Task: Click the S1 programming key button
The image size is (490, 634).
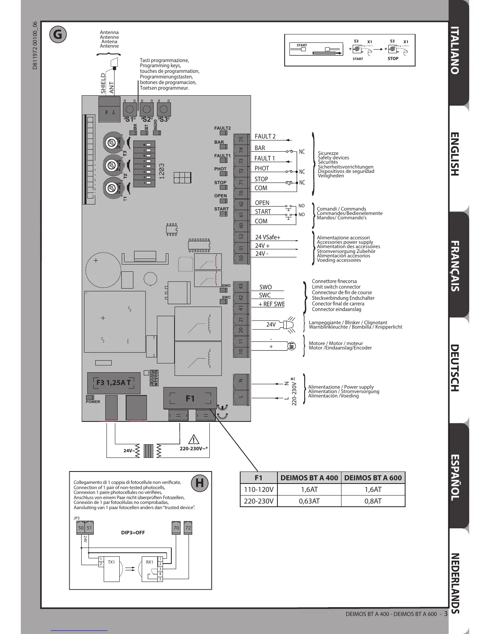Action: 130,108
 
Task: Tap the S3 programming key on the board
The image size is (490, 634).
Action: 163,108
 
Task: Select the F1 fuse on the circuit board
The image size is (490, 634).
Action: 190,398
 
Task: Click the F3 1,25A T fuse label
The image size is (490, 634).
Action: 113,382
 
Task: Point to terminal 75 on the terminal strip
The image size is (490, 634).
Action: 241,139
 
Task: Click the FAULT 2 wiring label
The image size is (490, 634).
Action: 265,136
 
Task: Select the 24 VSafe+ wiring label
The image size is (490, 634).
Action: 268,237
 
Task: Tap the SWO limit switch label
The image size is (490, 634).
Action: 265,287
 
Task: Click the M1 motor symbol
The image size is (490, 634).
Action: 292,346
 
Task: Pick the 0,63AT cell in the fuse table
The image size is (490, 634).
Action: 309,501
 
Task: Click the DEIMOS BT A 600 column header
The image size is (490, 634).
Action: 373,478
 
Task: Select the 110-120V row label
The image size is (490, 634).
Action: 259,489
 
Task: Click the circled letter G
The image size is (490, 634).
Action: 58,34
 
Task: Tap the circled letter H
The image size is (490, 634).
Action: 199,483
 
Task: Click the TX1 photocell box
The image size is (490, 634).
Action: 111,568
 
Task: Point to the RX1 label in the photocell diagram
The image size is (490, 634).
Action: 149,562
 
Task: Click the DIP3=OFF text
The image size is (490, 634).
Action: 133,533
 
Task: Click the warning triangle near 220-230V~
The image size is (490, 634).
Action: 194,439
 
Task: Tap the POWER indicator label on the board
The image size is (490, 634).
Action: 93,401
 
